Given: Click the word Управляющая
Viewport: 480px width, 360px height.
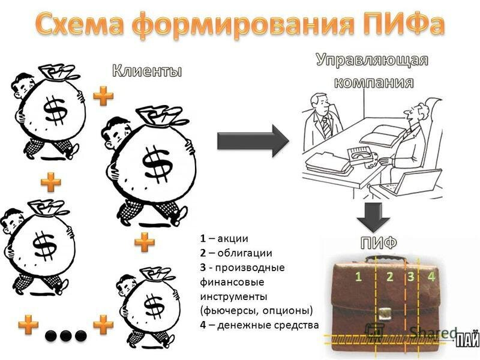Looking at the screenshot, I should (373, 61).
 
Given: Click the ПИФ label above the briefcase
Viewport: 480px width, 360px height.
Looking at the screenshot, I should (379, 244).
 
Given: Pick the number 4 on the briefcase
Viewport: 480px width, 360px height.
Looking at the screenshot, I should (431, 277).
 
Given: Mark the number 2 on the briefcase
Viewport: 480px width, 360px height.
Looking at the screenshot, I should (390, 277).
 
